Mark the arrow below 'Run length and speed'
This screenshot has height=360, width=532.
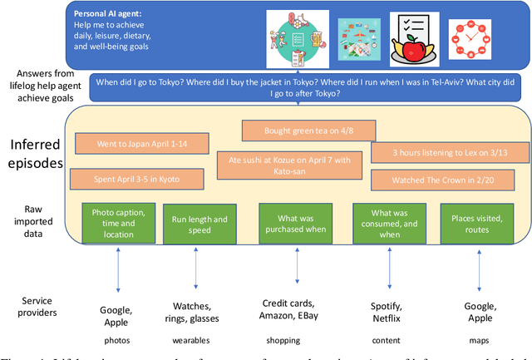(x=196, y=265)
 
